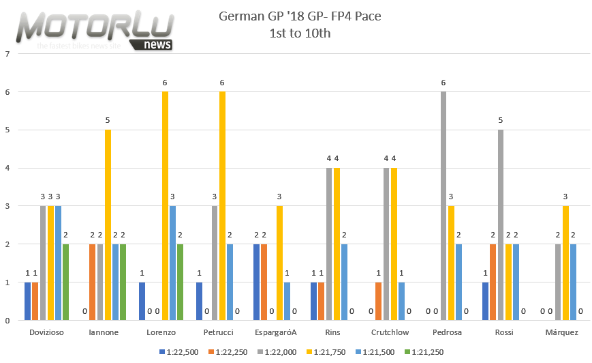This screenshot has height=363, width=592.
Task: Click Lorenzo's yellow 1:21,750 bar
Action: click(x=165, y=205)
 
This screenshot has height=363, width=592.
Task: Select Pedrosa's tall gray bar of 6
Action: click(x=443, y=205)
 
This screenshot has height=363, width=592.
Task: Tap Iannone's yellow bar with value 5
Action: click(x=108, y=224)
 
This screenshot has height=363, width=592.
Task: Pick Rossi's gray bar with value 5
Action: click(x=501, y=224)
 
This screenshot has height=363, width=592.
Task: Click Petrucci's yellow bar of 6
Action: click(x=222, y=205)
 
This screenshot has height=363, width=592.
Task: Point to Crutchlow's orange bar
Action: click(x=379, y=301)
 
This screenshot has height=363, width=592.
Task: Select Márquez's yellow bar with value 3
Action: click(x=565, y=263)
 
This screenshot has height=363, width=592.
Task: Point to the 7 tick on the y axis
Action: click(x=6, y=53)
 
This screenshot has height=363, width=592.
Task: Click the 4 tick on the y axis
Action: click(x=6, y=168)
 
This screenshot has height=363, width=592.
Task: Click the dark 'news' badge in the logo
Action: click(x=158, y=45)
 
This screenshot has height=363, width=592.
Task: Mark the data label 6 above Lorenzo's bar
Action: click(x=165, y=83)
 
